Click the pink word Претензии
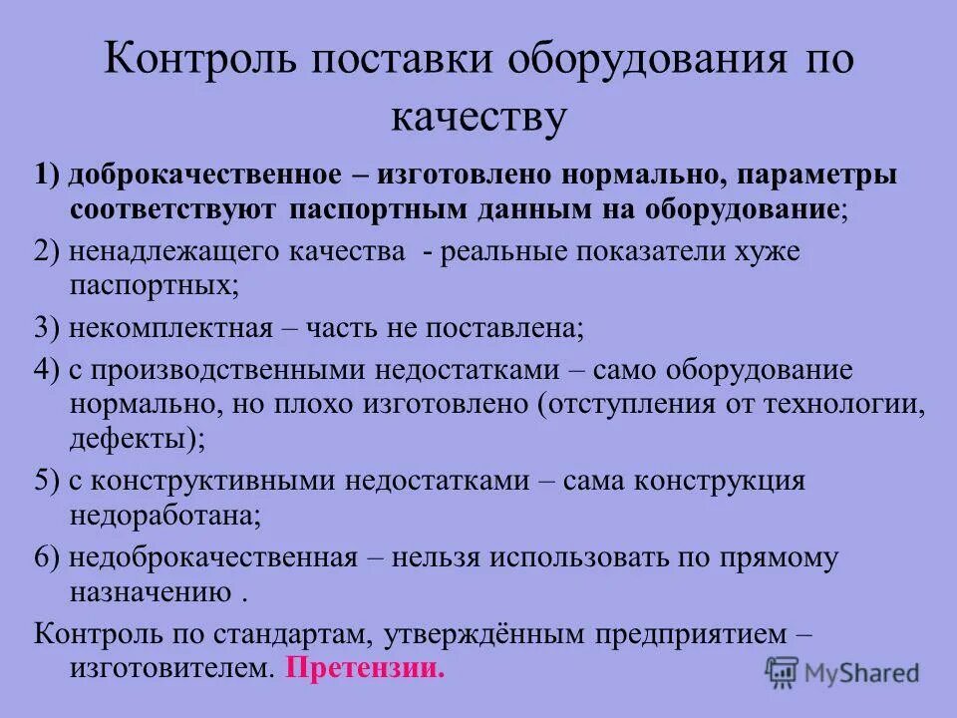click(365, 668)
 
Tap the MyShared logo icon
click(783, 671)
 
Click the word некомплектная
click(165, 327)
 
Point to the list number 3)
click(47, 327)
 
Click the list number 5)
click(47, 481)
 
